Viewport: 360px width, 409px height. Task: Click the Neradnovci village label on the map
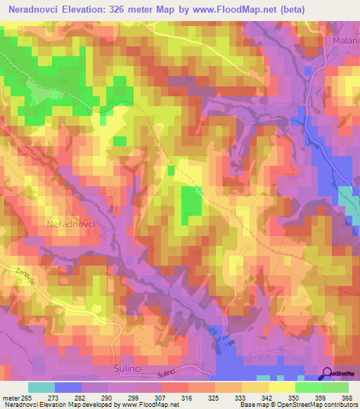pos(72,223)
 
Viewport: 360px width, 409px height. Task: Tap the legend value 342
pos(267,397)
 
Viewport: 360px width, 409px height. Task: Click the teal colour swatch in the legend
pos(41,387)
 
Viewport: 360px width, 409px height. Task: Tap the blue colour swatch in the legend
pos(68,387)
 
